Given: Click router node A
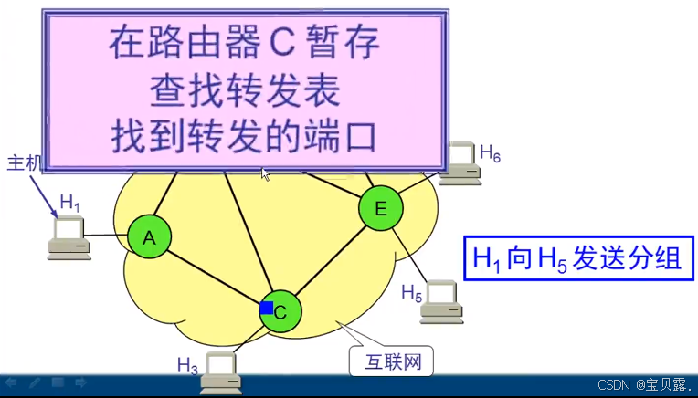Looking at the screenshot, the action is [x=150, y=237].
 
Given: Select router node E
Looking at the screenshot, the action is [x=380, y=208].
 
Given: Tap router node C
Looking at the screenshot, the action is [x=280, y=311].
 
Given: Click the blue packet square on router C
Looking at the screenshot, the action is [x=267, y=308].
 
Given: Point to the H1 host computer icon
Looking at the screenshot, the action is [x=69, y=235].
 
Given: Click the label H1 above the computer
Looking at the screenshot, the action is [x=70, y=202].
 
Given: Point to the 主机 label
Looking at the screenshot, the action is [x=25, y=163].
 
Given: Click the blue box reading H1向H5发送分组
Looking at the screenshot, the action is [x=576, y=258].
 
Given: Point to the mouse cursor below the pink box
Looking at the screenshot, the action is [x=266, y=173].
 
